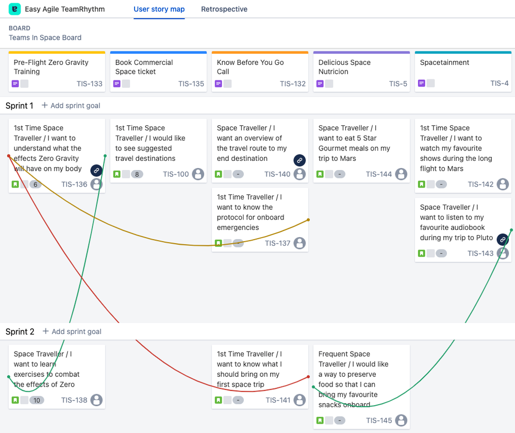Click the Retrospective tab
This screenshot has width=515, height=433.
tap(224, 9)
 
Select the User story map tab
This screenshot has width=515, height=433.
tap(159, 9)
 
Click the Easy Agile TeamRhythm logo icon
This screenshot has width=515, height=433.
tap(15, 9)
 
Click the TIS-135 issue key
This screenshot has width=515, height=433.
tap(191, 84)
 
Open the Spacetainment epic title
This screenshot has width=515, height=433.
tap(444, 62)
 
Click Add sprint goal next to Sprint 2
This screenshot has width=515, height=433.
tap(72, 331)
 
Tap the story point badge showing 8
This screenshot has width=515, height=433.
tap(137, 174)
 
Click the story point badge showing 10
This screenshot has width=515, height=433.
tap(36, 400)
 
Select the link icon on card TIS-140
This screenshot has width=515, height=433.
tap(300, 160)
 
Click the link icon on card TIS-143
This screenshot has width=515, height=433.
tap(502, 239)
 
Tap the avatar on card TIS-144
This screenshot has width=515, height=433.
tap(401, 174)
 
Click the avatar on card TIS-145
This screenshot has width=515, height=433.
tap(401, 420)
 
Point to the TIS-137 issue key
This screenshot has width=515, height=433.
tap(278, 243)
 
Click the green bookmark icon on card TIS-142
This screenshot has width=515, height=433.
tap(422, 184)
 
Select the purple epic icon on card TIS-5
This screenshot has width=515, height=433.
tap(320, 84)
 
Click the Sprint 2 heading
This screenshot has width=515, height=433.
tap(20, 331)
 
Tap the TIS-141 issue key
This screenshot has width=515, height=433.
tap(278, 400)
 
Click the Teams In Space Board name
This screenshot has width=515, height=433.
tap(45, 38)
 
